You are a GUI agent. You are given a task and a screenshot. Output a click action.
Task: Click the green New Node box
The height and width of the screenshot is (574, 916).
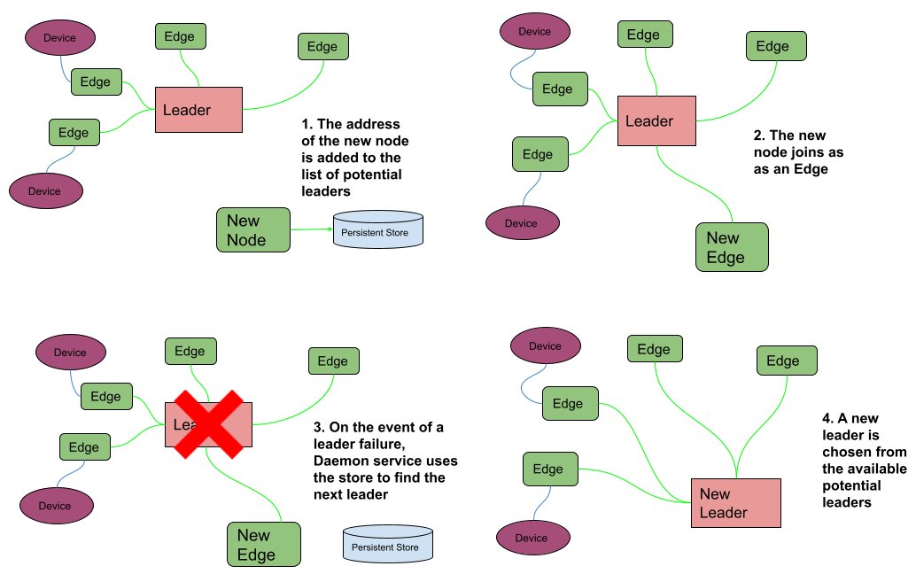point(253,230)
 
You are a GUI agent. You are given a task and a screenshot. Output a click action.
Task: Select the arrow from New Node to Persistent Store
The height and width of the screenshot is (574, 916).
point(311,229)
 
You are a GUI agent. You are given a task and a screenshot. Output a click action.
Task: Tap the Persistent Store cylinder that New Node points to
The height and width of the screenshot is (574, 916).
point(377,229)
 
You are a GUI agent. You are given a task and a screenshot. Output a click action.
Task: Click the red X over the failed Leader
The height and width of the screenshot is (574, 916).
point(208,424)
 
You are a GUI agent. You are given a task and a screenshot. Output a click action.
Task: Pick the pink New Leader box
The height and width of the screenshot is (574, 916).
point(735,503)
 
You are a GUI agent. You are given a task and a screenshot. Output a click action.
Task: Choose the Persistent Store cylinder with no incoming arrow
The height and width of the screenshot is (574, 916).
point(387,544)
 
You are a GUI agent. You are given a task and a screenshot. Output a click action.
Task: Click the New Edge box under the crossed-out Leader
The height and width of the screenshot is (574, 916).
point(264,545)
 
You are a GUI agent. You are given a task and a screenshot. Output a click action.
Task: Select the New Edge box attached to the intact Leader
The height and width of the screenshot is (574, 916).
point(732,247)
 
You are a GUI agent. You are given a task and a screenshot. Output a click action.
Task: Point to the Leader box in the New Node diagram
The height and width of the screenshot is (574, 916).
point(198,110)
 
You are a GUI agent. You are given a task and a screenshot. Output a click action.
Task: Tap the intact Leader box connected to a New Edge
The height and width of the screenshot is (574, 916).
point(656,121)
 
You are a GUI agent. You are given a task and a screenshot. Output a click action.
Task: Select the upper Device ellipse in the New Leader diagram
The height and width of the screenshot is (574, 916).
point(545,345)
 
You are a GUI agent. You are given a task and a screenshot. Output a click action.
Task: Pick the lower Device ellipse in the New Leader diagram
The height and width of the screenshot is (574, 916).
point(532,537)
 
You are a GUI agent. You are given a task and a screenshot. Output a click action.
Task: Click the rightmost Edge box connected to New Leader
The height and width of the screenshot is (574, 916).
point(786,361)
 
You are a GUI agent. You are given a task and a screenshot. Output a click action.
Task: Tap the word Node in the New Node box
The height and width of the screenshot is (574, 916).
point(245,240)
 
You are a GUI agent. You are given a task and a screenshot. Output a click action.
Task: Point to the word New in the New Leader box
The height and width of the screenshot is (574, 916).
point(715,494)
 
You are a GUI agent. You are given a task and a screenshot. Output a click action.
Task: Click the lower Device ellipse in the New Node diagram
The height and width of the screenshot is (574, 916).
point(45,190)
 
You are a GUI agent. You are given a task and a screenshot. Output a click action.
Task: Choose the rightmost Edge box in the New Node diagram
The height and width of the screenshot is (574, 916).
point(322,47)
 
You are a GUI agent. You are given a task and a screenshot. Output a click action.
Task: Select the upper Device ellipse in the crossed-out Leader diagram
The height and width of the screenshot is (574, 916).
point(70,352)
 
